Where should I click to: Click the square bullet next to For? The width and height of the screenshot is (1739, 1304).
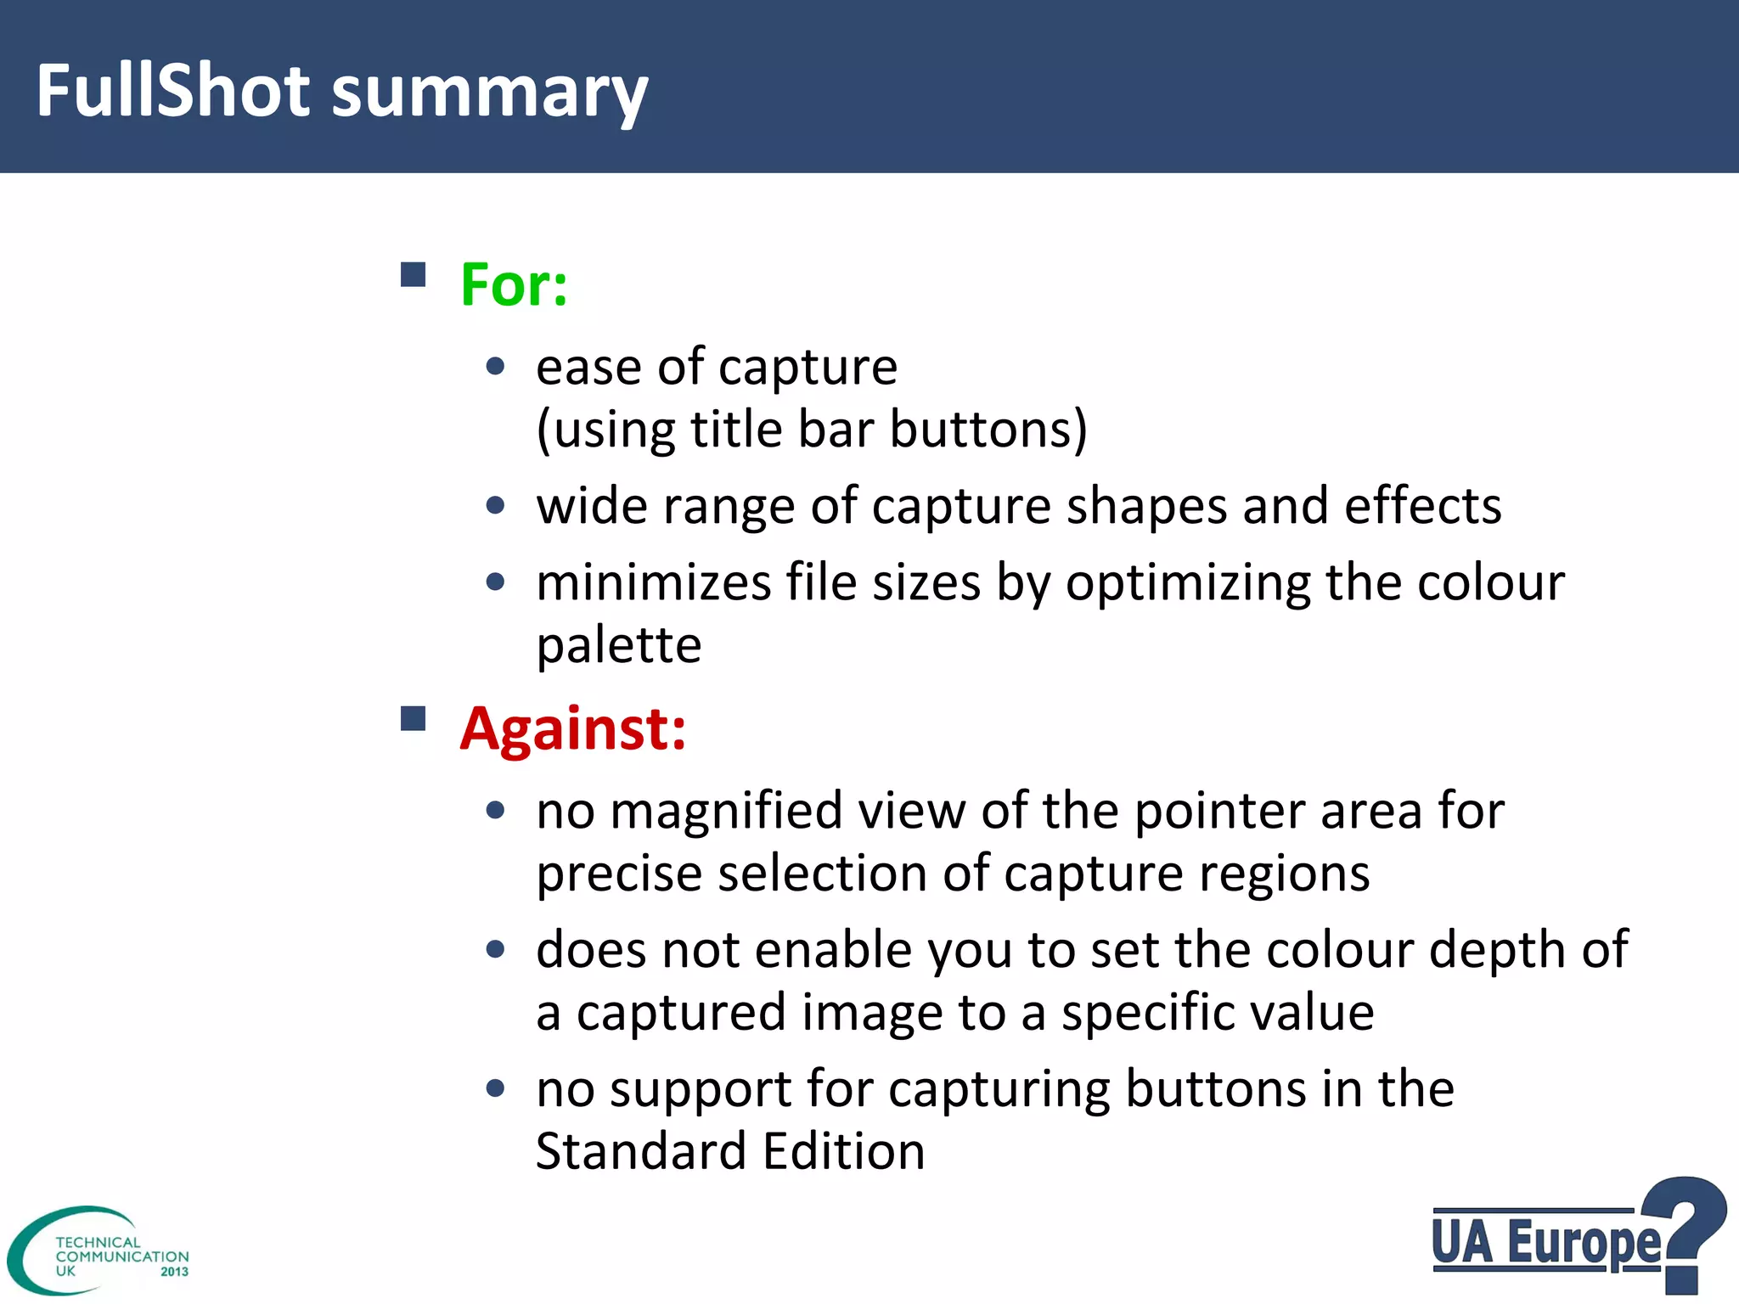click(x=413, y=275)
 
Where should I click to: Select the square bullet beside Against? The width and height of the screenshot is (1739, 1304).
click(x=413, y=718)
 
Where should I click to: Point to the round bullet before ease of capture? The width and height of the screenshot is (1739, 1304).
click(x=496, y=367)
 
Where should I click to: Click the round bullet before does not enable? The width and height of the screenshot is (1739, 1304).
click(x=496, y=949)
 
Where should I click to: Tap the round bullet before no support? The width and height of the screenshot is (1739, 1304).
click(x=496, y=1088)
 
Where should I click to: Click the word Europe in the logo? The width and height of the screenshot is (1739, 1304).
click(x=1584, y=1243)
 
